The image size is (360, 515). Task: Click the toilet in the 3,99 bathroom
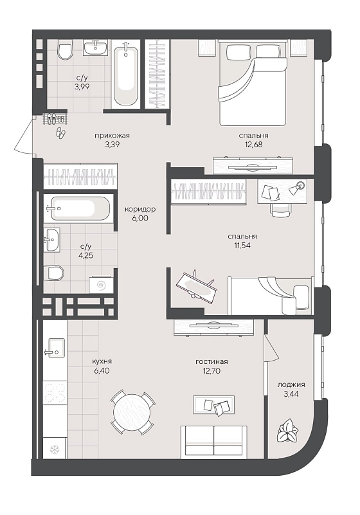[65, 50]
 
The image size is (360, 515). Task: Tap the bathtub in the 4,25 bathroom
[80, 208]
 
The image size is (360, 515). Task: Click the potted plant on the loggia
[288, 431]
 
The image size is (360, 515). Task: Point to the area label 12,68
[253, 144]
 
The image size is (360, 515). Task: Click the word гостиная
[212, 361]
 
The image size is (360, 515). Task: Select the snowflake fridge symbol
[53, 449]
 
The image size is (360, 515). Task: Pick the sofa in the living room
[214, 442]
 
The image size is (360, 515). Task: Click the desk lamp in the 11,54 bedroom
[297, 188]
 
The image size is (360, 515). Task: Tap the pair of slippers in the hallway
[61, 132]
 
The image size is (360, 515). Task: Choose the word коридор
[140, 209]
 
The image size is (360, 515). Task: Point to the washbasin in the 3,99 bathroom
[95, 48]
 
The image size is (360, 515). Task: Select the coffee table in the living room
[214, 404]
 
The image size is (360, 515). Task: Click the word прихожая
[112, 135]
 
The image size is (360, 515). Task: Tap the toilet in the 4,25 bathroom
[53, 273]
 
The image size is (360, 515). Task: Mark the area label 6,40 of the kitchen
[101, 371]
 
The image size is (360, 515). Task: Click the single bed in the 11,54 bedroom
[270, 296]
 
